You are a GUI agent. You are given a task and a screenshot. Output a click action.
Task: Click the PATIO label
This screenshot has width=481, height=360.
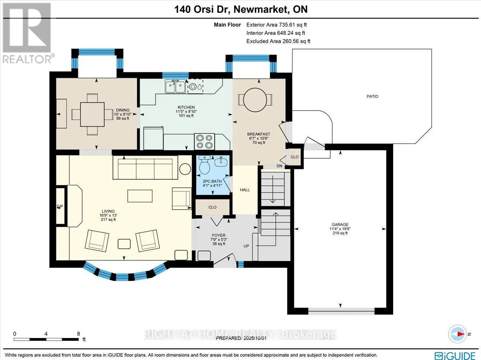pos(372,96)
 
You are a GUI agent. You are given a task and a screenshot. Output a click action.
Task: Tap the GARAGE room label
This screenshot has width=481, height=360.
pos(340,225)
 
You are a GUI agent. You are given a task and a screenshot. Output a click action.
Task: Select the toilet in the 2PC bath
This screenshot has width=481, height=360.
pos(205,167)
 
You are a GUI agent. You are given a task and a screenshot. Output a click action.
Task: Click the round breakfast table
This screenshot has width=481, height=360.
pos(255,100)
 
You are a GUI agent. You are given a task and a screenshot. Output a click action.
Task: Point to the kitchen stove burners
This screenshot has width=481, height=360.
pos(204,141)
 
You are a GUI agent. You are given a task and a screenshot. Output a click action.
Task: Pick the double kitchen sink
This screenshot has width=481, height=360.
pos(175,86)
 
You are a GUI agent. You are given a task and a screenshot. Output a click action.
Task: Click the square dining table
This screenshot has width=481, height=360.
pos(92,114)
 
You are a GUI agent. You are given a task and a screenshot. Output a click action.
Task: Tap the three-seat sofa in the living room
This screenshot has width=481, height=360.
pos(145,167)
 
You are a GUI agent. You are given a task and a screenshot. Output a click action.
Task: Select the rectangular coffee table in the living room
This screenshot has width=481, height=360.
pos(140,196)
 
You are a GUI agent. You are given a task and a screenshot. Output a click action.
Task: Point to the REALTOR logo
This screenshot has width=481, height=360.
pos(27,33)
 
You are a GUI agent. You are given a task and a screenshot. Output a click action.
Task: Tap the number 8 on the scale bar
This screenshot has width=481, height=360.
pos(79,334)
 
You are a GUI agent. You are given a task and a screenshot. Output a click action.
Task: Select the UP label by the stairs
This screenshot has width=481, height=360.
pos(246,246)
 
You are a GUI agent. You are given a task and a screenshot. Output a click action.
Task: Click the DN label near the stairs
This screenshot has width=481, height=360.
pos(279,166)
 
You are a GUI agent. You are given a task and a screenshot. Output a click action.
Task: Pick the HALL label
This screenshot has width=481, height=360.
pos(245,190)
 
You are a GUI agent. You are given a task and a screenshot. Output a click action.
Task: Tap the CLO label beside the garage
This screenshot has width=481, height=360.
pos(294,157)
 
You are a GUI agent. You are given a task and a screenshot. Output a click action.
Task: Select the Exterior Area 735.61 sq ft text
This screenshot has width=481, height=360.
pos(277,25)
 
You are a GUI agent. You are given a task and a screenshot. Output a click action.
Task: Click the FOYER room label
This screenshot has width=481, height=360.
pos(218,235)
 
